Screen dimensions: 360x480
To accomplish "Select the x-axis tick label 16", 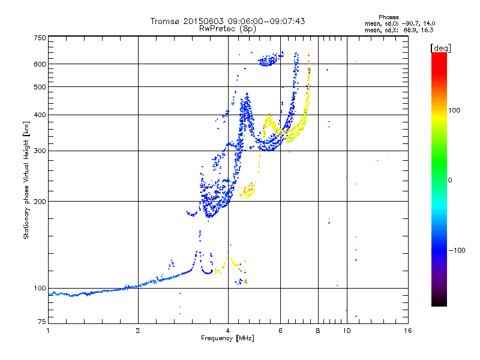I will point(408,331).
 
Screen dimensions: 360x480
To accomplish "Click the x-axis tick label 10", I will point(346,331).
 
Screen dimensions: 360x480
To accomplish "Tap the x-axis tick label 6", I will point(280,331).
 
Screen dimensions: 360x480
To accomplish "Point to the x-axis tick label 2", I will point(138,331).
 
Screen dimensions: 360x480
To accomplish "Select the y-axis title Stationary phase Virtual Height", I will point(26,180).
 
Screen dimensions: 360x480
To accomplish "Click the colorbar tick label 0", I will point(454,180).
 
